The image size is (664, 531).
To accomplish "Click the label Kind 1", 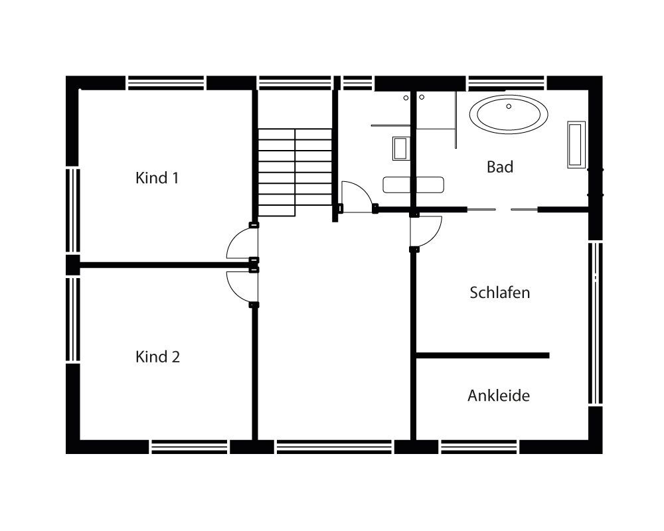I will coord(157,178).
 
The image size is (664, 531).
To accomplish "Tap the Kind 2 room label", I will coord(157,357).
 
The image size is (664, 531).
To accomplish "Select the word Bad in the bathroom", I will coord(500,167).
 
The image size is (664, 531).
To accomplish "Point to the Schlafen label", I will coord(500,293).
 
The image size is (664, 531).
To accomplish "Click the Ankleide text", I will coord(499,396).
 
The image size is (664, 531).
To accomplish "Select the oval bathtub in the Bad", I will coord(509,114).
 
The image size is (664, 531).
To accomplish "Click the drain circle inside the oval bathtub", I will coord(509,106).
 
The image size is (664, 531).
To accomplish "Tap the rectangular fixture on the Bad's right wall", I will coord(575,144).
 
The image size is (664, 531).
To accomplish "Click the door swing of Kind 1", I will coord(239,245).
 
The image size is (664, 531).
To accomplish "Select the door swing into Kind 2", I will coord(239,285).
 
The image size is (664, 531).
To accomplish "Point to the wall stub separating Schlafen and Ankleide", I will coord(482,356).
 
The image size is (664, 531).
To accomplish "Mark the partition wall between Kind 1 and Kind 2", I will coord(163,265).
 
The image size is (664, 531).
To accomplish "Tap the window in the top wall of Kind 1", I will coord(165,82).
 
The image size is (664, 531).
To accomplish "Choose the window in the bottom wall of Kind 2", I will coord(190,447).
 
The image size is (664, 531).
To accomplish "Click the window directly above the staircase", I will coord(294,82).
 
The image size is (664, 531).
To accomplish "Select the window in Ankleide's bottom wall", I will coord(479,447).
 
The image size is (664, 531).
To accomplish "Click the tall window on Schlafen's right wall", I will coord(595,323).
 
